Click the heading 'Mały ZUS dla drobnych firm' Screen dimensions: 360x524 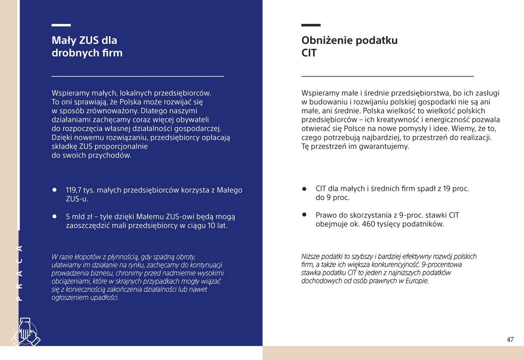point(87,47)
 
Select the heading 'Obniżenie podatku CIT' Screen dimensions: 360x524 point(349,47)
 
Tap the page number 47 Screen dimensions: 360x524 point(510,339)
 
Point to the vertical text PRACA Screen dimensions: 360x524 point(19,273)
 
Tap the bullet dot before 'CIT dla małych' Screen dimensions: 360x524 point(305,189)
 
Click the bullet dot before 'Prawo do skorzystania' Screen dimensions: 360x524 point(305,215)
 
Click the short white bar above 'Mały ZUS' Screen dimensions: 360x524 point(61,25)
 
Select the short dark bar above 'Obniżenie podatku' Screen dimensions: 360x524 point(311,25)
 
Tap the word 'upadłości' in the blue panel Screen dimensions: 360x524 point(104,298)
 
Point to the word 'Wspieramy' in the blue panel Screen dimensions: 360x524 point(69,93)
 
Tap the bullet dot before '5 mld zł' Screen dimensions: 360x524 point(55,216)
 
